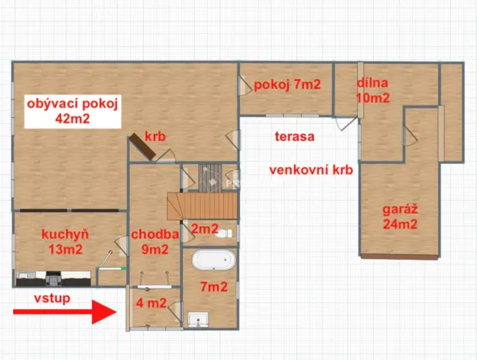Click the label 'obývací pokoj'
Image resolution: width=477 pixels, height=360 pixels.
72,104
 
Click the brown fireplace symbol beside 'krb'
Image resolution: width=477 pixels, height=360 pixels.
143,146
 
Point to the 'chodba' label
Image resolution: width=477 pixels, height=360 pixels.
155,234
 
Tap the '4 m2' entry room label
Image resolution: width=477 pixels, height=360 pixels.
151,303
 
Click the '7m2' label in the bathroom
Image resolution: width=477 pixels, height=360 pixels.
213,288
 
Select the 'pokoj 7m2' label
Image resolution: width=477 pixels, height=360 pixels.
287,85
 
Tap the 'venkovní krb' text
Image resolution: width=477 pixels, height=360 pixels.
310,171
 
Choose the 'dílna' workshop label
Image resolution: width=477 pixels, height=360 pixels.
372,83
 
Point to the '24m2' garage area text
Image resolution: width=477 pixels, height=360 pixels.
399,225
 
